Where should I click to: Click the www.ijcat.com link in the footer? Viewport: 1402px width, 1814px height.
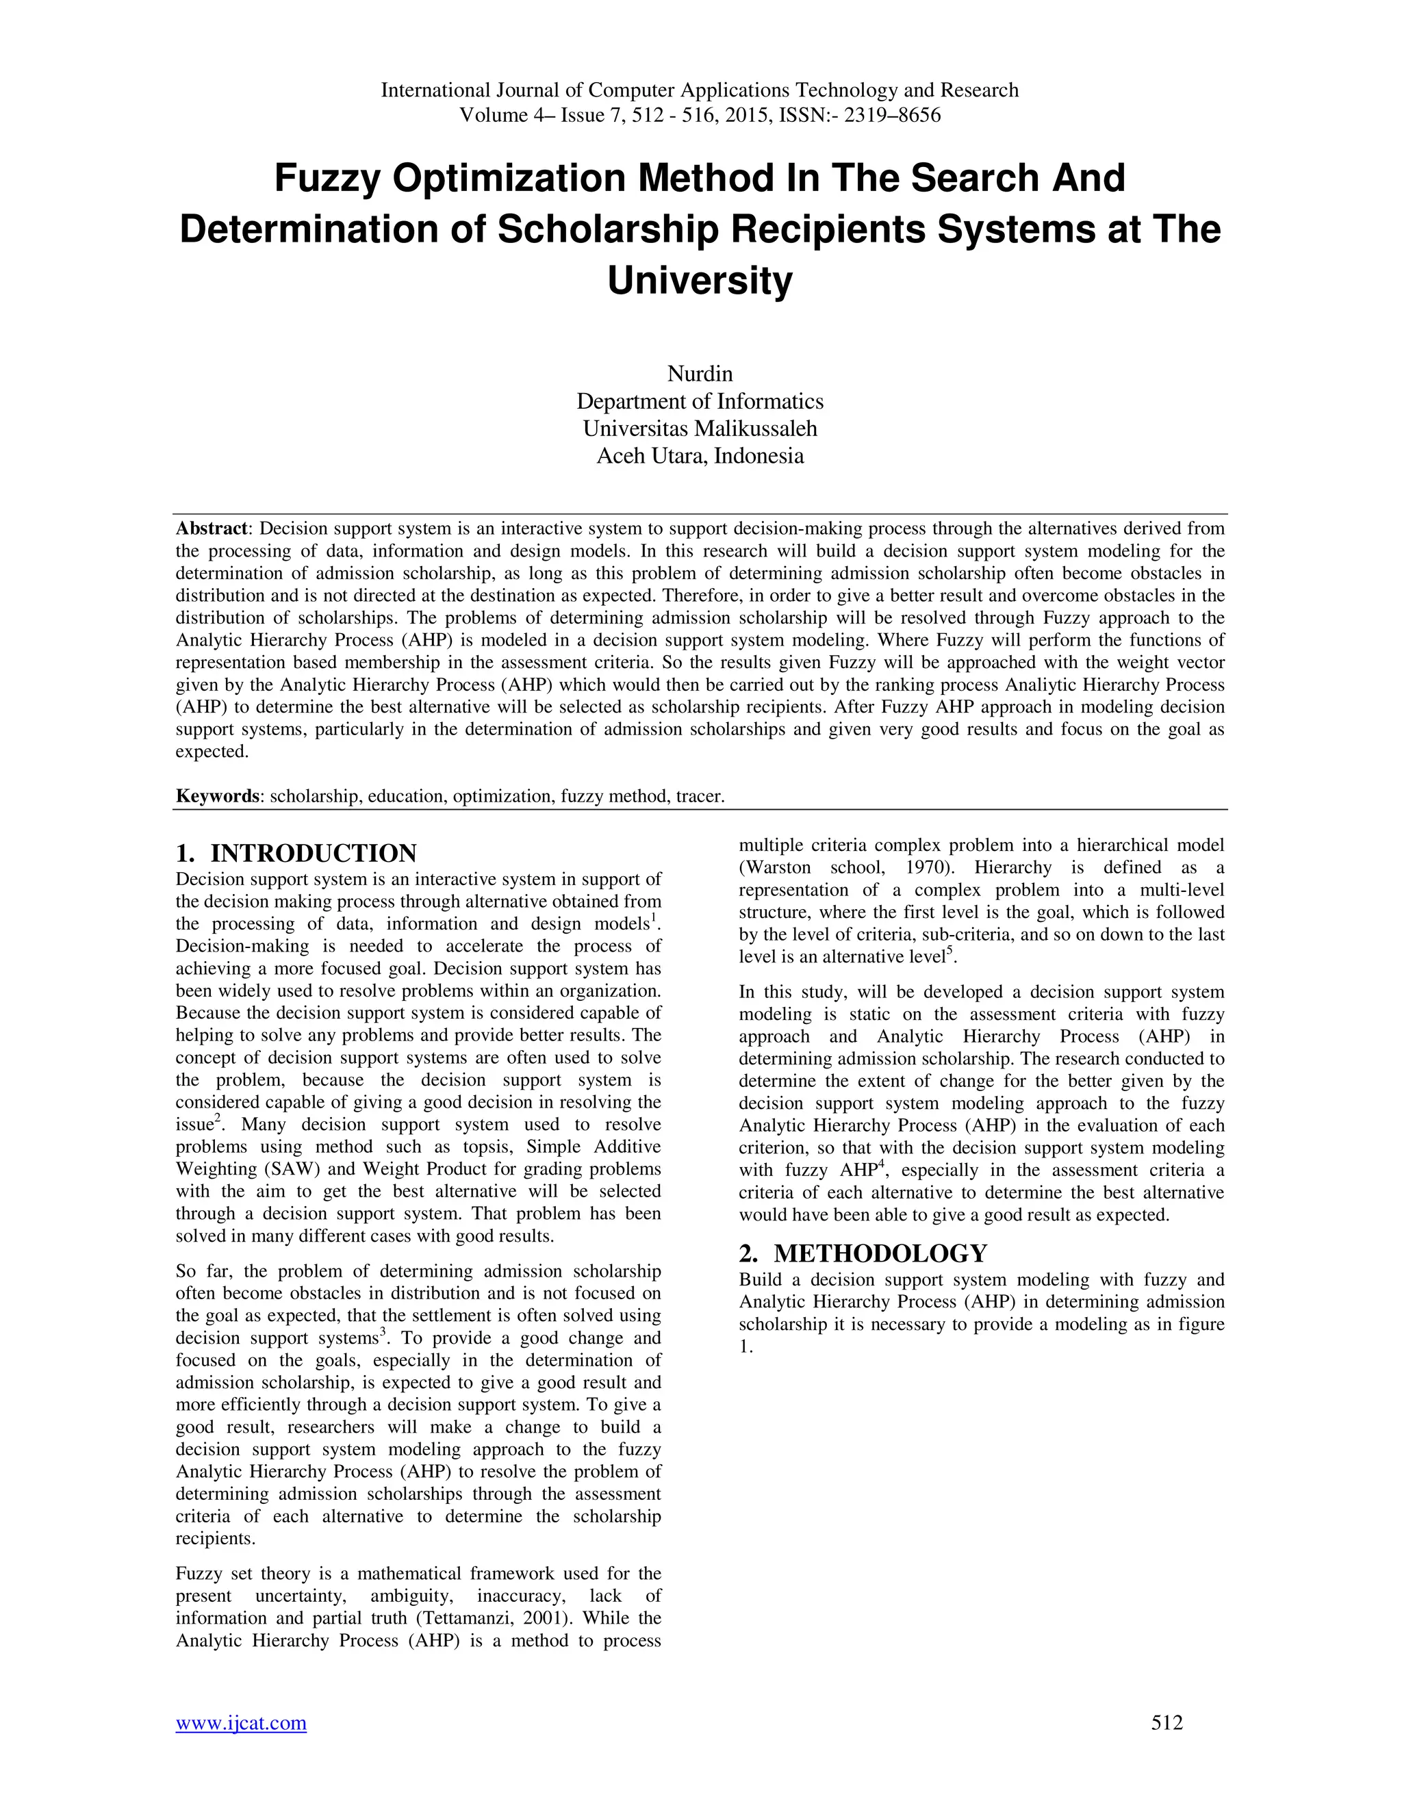(241, 1723)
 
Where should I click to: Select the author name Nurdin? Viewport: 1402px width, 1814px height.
(700, 374)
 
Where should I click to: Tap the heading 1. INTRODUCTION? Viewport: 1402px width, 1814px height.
(296, 853)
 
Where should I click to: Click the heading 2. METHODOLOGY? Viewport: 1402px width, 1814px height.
(863, 1253)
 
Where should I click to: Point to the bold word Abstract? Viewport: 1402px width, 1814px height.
(211, 529)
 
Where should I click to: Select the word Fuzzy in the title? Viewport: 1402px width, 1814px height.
(327, 179)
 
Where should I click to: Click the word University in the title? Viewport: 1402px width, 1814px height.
(700, 281)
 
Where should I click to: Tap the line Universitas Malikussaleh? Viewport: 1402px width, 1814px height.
(700, 429)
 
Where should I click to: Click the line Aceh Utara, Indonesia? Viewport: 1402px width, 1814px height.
(700, 456)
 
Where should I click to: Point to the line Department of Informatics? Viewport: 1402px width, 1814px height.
(700, 401)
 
